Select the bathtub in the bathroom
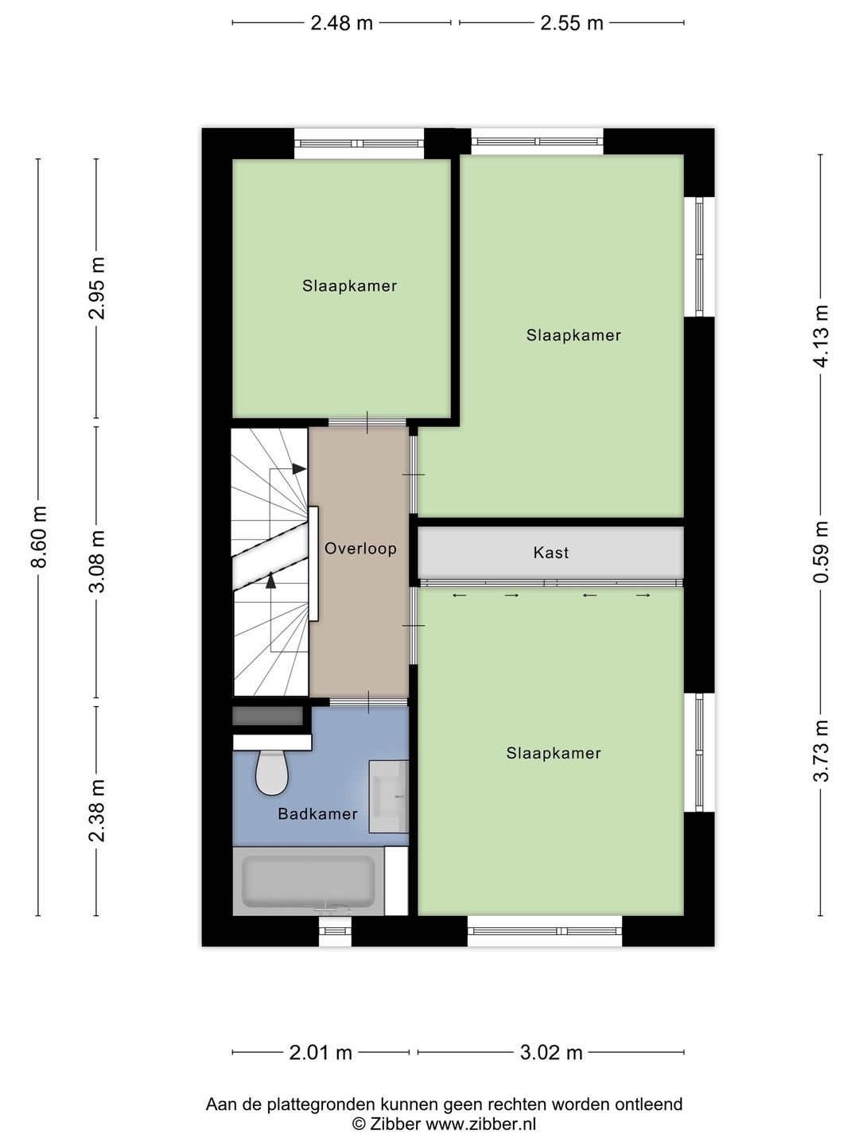(x=309, y=881)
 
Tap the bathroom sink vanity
(x=389, y=796)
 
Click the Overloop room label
(x=360, y=549)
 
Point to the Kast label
(x=551, y=553)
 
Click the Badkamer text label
(x=317, y=814)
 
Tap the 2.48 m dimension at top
(x=341, y=23)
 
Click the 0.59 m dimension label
(x=822, y=552)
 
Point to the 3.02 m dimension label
(x=551, y=1053)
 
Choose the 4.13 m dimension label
(x=822, y=336)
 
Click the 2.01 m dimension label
(x=321, y=1053)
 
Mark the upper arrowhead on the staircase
(x=299, y=469)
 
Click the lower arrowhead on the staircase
(x=271, y=580)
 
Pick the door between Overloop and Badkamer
(x=368, y=702)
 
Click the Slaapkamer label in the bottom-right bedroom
(x=554, y=753)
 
